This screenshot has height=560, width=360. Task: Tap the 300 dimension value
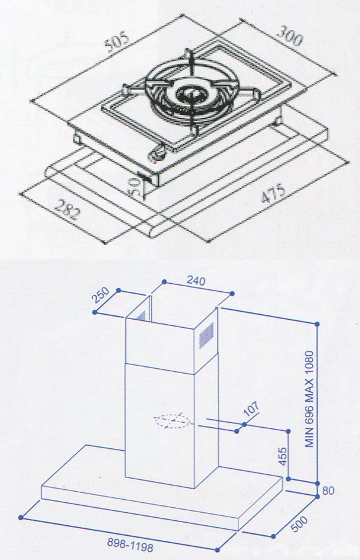pyautogui.click(x=290, y=37)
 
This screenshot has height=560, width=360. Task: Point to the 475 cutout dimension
pyautogui.click(x=273, y=193)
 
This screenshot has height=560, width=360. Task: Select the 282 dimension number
pyautogui.click(x=67, y=209)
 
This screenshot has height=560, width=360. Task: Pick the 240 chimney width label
pyautogui.click(x=196, y=281)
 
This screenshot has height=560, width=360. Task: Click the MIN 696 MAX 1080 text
pyautogui.click(x=309, y=399)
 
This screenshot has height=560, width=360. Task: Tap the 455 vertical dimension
pyautogui.click(x=282, y=456)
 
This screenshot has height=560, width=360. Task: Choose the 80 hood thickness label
pyautogui.click(x=328, y=490)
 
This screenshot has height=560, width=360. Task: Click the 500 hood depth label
pyautogui.click(x=299, y=524)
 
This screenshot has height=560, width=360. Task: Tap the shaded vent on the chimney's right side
pyautogui.click(x=206, y=335)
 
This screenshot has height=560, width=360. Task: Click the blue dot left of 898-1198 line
pyautogui.click(x=20, y=517)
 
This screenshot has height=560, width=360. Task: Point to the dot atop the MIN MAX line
pyautogui.click(x=317, y=323)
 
